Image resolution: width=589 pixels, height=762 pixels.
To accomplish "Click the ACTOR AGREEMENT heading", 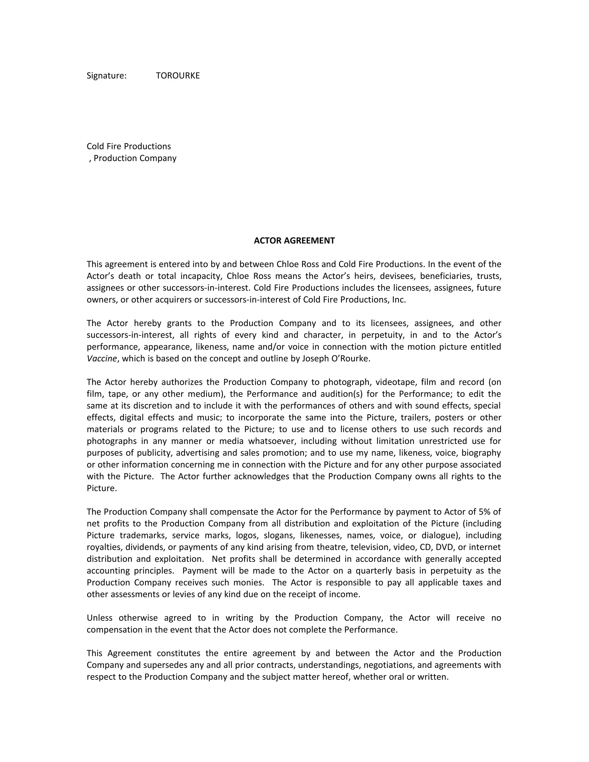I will [294, 240].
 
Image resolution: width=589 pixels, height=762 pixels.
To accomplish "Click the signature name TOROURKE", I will [178, 76].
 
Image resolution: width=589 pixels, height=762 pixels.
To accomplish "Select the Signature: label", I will [106, 76].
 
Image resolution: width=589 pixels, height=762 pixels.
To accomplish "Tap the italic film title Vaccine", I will [102, 358].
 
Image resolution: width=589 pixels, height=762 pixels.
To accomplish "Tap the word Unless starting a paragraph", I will [100, 618].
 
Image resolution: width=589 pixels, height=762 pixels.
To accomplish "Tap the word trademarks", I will [143, 535].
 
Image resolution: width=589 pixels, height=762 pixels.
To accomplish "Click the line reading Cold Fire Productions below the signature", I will [129, 146].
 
